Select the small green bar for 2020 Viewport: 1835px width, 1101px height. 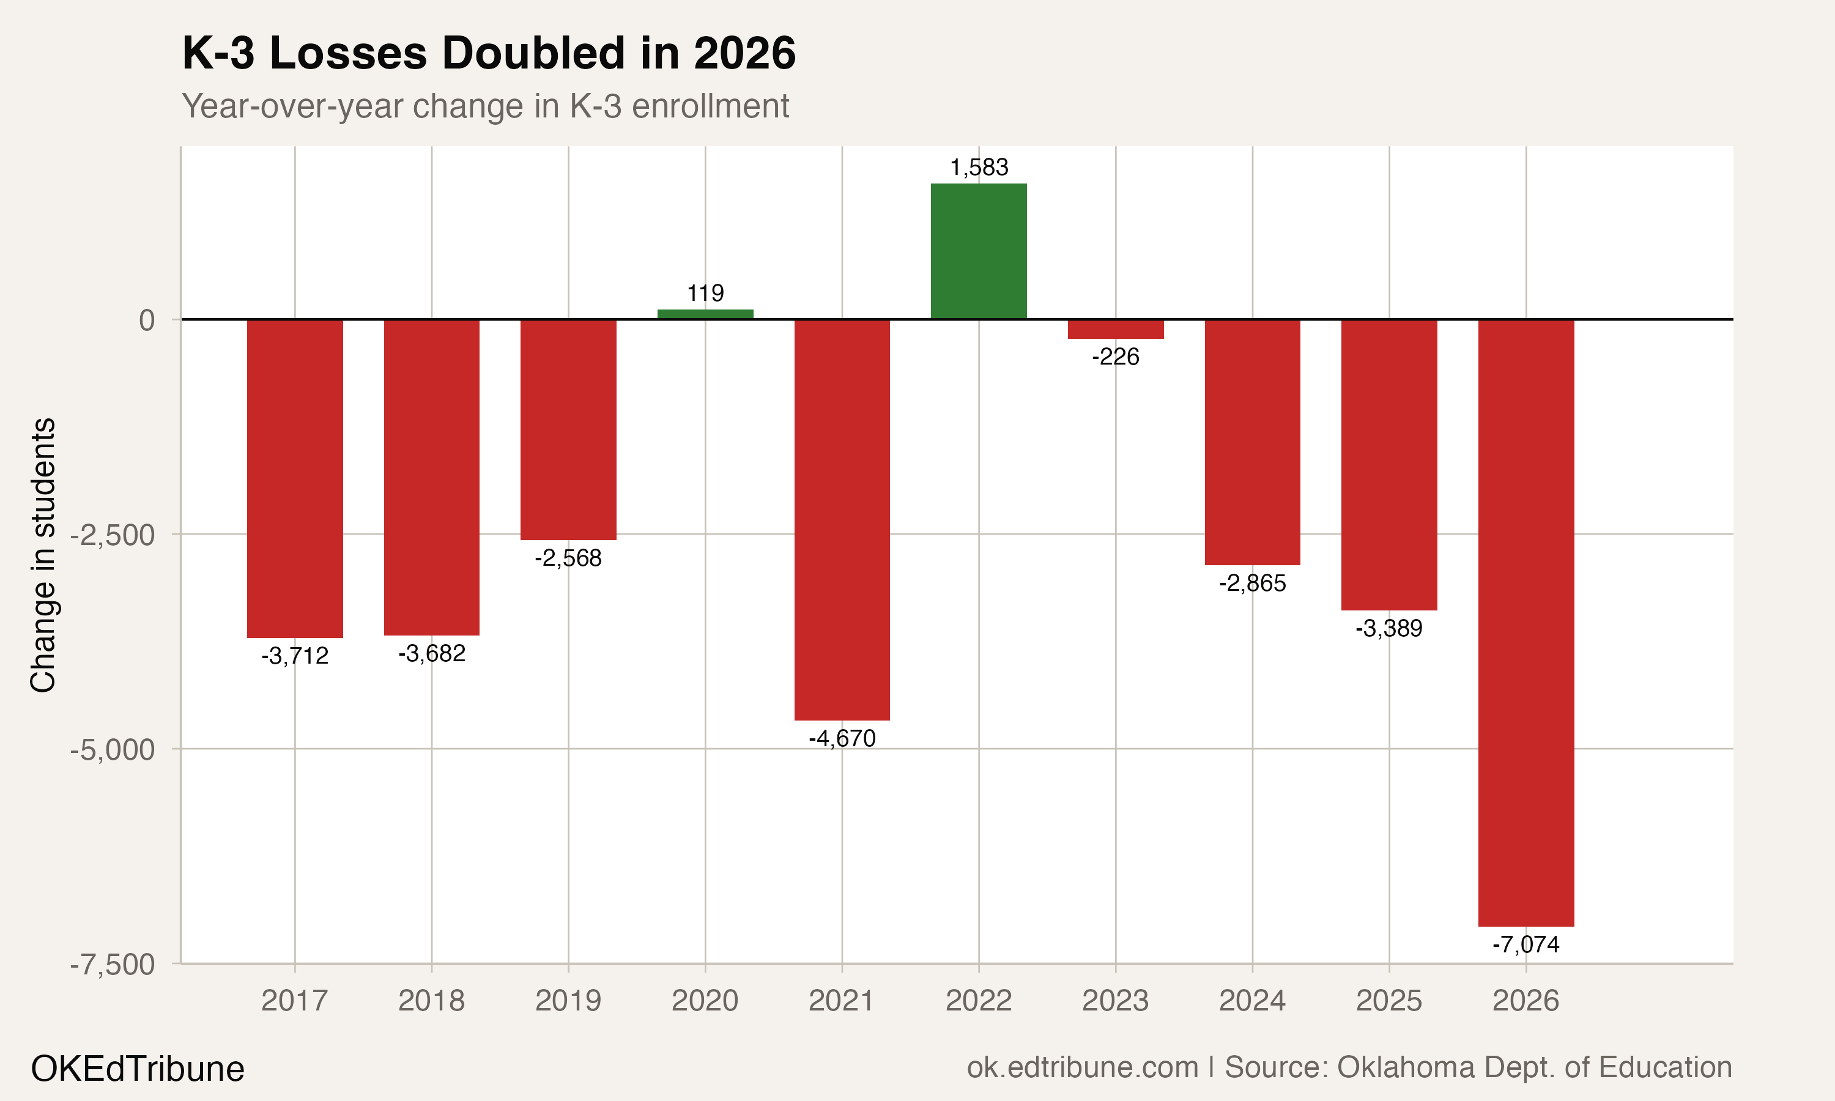705,314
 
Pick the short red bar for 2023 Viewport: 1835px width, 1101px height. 1115,328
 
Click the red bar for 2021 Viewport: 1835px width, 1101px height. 842,519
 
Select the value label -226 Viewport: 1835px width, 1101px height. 1115,357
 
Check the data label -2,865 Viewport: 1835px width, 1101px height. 1252,583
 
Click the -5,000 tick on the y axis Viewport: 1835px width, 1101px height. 113,750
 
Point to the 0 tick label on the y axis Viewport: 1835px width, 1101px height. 147,321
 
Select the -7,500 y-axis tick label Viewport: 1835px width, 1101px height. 113,965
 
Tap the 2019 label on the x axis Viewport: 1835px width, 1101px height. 568,1001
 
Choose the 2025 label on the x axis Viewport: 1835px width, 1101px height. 1388,1001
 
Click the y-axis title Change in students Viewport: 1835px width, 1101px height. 43,555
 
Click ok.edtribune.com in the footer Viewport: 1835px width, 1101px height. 1082,1067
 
